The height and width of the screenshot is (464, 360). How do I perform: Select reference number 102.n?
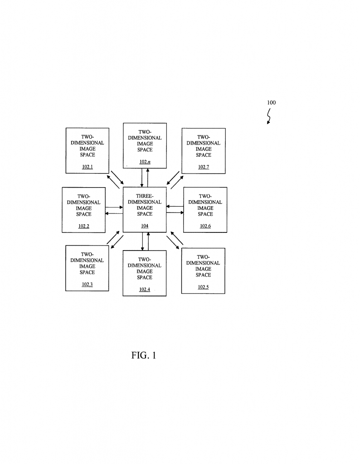pyautogui.click(x=145, y=162)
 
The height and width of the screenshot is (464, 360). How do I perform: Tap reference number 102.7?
pyautogui.click(x=204, y=167)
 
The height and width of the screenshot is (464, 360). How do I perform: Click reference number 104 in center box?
pyautogui.click(x=145, y=226)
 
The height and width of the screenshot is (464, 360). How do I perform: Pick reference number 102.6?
pyautogui.click(x=205, y=226)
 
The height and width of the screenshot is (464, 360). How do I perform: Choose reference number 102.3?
pyautogui.click(x=87, y=285)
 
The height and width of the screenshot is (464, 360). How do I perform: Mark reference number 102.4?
pyautogui.click(x=145, y=290)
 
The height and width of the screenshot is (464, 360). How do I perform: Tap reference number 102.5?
pyautogui.click(x=204, y=287)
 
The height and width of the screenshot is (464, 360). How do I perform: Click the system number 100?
pyautogui.click(x=271, y=102)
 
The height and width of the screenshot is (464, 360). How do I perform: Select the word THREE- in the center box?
pyautogui.click(x=145, y=196)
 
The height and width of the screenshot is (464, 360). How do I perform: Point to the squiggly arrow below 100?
pyautogui.click(x=269, y=117)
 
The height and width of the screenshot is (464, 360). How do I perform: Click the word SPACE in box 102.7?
pyautogui.click(x=204, y=155)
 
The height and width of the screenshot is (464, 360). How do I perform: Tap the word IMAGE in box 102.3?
pyautogui.click(x=87, y=266)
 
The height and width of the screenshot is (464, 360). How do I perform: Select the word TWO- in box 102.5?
pyautogui.click(x=204, y=257)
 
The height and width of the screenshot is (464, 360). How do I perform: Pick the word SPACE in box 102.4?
pyautogui.click(x=145, y=277)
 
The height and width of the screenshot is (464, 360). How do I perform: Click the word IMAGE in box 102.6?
pyautogui.click(x=205, y=208)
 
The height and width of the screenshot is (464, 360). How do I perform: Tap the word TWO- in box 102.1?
pyautogui.click(x=87, y=137)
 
